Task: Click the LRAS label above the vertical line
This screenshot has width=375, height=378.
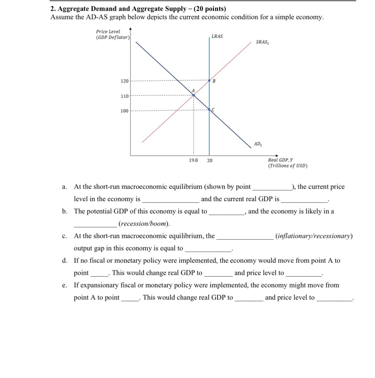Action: (217, 36)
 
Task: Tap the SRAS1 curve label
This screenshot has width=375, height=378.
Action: (262, 42)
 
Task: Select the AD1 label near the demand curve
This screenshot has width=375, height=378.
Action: (258, 144)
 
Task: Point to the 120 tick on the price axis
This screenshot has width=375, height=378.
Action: (124, 81)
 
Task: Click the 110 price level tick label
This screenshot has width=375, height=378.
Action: (124, 96)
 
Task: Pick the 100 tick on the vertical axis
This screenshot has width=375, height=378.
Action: (124, 111)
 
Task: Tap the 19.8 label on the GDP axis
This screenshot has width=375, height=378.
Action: (193, 160)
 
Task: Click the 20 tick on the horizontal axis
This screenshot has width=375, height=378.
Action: (210, 161)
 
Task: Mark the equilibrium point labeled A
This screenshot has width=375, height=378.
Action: (194, 95)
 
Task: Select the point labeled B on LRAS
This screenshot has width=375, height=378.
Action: (209, 81)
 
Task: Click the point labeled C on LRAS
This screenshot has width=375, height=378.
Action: (209, 110)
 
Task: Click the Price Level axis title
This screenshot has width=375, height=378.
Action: (108, 31)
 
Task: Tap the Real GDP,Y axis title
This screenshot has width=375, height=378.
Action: (280, 160)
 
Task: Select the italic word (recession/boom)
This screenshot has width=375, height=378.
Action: (144, 224)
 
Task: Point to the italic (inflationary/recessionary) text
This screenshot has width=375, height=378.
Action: (314, 236)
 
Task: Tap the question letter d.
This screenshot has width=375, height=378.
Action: (64, 261)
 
